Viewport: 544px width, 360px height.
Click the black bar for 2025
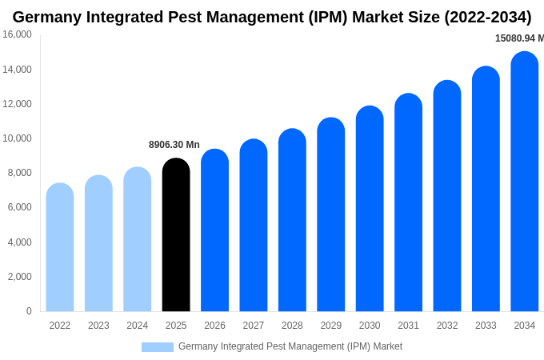pos(176,236)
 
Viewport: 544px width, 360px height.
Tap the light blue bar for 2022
pos(60,248)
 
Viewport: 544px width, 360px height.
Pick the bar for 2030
pos(370,210)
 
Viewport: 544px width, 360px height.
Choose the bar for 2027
pos(254,226)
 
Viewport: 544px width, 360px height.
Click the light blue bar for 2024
pos(138,240)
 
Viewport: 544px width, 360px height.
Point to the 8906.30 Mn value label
pos(174,145)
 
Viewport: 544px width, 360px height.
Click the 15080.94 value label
pos(519,38)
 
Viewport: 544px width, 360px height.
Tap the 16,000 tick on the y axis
pos(17,34)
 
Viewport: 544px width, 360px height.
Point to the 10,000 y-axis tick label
pos(17,138)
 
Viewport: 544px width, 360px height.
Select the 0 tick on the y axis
pos(29,311)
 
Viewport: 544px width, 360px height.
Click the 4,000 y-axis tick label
pos(19,242)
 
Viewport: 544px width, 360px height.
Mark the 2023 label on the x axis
pos(98,326)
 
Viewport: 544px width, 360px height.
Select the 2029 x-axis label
pos(331,326)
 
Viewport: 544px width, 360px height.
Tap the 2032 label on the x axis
pos(447,326)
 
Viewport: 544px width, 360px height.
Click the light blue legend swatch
pos(158,347)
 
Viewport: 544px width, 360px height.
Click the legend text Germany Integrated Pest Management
pos(290,346)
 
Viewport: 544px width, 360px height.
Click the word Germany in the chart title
pos(45,17)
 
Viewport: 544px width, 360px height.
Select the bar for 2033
pos(486,190)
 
